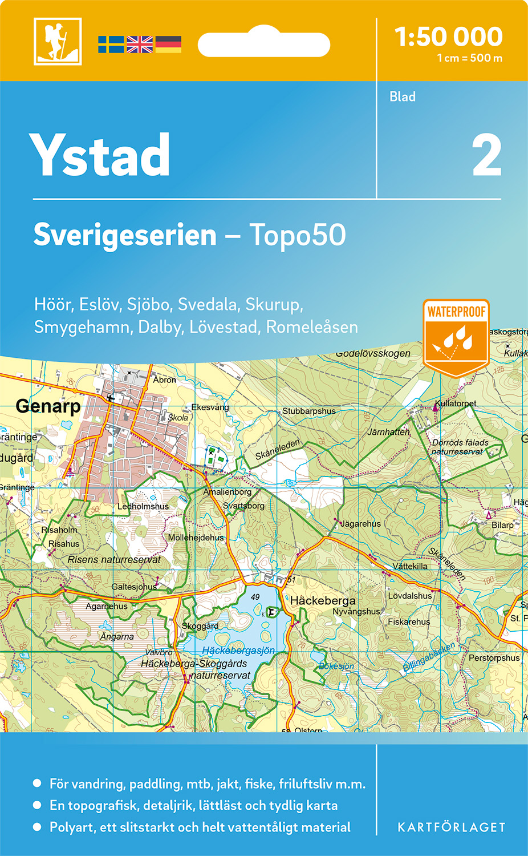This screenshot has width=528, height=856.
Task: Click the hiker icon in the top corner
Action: tap(58, 41)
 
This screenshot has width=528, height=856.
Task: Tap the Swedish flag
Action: tap(111, 45)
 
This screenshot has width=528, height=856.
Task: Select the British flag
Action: tap(140, 45)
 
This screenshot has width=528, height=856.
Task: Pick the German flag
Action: tap(168, 45)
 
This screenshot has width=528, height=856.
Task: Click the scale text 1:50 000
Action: tap(449, 37)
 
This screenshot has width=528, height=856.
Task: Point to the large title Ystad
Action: tap(100, 155)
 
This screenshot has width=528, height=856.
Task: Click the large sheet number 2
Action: tap(486, 156)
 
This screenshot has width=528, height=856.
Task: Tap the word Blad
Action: tap(403, 97)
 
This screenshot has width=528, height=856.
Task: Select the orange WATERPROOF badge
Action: tap(456, 337)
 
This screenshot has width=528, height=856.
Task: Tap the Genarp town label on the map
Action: tap(48, 406)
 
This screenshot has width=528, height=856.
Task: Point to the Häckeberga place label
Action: tap(323, 600)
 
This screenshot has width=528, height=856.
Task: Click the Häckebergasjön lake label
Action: tap(238, 650)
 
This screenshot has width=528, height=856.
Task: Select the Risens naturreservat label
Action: tap(114, 560)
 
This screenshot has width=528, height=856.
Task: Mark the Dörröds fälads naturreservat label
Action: tap(460, 447)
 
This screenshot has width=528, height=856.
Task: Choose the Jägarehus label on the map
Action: tap(360, 524)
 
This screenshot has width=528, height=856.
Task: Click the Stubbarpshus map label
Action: tap(309, 411)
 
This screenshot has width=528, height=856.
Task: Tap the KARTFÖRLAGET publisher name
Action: tap(452, 827)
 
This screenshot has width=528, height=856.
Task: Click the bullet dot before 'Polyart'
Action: tap(37, 827)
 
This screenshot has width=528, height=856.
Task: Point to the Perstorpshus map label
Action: tap(494, 658)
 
